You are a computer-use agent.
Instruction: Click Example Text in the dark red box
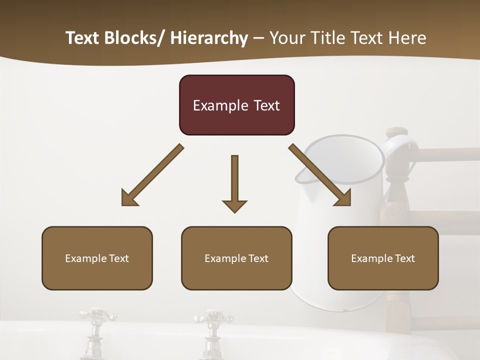pos(236,105)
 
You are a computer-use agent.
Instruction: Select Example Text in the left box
pos(97,258)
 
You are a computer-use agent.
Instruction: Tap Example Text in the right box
pos(383,258)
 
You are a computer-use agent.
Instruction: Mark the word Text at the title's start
pos(83,38)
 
